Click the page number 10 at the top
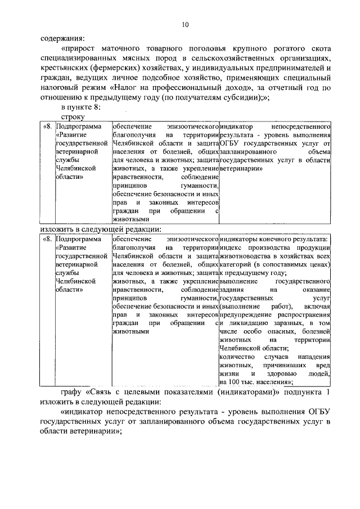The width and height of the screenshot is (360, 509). (x=185, y=25)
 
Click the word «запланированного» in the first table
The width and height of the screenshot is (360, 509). (x=247, y=152)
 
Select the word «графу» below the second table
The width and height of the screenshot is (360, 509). (x=72, y=393)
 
